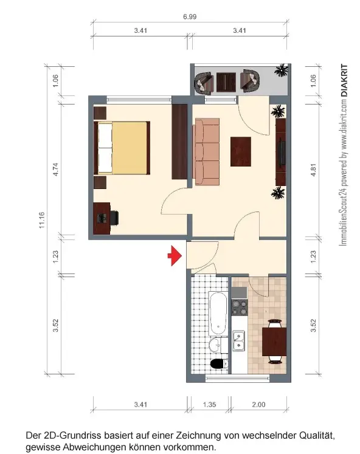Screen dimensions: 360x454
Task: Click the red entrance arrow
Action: click(175, 256)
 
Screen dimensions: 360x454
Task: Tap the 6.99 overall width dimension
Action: click(190, 17)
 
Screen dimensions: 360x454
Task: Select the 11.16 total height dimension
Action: click(43, 220)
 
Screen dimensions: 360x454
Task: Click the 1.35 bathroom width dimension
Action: click(209, 405)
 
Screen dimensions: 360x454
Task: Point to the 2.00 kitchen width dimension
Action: click(258, 405)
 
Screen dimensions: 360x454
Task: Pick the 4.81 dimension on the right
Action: click(313, 170)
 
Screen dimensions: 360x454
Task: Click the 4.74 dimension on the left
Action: click(55, 170)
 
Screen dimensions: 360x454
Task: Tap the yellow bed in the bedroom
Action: click(122, 148)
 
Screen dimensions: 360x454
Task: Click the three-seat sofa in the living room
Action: click(207, 151)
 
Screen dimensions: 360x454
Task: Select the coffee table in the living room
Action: click(241, 151)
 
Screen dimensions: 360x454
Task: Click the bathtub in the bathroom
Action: click(218, 313)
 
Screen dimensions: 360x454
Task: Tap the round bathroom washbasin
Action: click(215, 345)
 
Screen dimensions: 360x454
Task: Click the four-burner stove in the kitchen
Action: click(240, 308)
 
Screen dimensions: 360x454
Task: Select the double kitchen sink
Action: click(239, 341)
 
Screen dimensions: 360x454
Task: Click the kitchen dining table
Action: click(274, 342)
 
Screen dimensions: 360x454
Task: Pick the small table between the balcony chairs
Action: click(226, 82)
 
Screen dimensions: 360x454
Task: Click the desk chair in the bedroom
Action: click(114, 218)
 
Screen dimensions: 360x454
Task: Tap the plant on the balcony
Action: click(281, 71)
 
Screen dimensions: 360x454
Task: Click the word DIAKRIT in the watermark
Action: click(344, 80)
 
